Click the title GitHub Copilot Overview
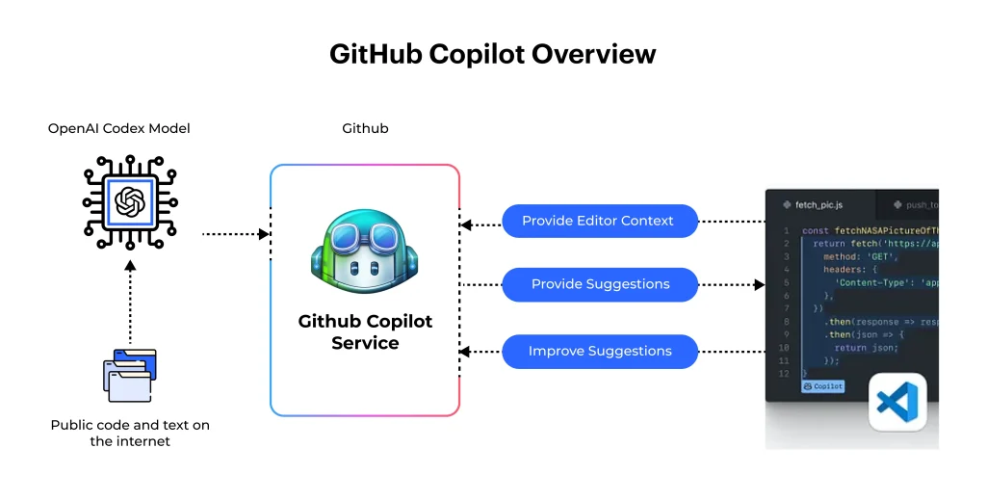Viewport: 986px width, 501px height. (x=492, y=54)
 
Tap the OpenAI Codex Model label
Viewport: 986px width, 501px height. (x=119, y=128)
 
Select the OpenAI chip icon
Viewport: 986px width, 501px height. (x=129, y=201)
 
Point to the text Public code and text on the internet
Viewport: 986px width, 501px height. (x=130, y=433)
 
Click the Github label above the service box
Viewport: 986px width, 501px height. (x=365, y=128)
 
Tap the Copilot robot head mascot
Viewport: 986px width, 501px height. (x=365, y=254)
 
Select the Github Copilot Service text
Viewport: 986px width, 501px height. (x=365, y=331)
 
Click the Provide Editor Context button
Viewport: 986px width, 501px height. (x=599, y=221)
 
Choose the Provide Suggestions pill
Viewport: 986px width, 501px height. (x=599, y=284)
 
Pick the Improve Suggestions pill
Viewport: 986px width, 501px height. (x=599, y=351)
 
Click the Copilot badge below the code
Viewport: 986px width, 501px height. (x=822, y=386)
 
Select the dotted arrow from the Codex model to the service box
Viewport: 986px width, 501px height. (x=235, y=233)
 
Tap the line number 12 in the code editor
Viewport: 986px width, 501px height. (x=785, y=360)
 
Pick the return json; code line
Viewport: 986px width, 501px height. (x=866, y=348)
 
